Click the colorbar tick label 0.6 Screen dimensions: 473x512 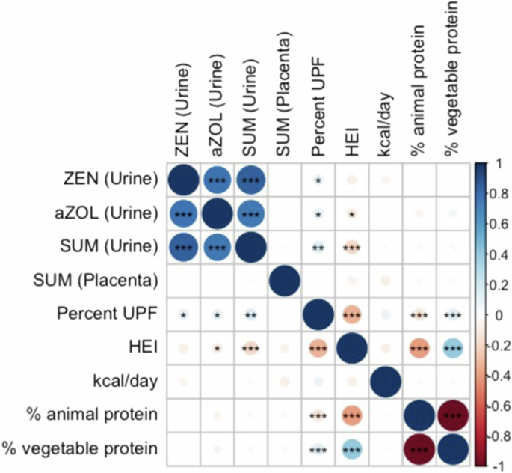[x=493, y=225]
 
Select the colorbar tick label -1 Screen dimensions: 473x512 [x=493, y=465]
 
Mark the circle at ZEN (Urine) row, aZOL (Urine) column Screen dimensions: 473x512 [x=216, y=180]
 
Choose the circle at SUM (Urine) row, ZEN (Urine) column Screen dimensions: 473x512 [x=182, y=248]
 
